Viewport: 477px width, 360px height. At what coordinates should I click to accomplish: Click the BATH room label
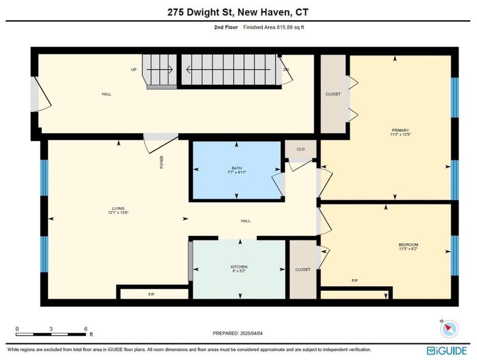click(x=237, y=168)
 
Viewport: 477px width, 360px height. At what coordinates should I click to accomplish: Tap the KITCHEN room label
click(x=239, y=267)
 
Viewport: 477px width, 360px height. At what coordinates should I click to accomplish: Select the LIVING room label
click(x=118, y=209)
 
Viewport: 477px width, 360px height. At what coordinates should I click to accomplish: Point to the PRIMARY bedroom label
click(x=400, y=130)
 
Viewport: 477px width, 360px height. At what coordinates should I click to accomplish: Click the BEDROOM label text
click(x=408, y=245)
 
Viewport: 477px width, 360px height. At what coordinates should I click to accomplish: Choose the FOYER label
click(x=162, y=162)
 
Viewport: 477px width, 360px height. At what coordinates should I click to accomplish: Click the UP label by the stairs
click(x=134, y=70)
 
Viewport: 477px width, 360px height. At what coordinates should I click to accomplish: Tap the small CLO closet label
click(x=301, y=149)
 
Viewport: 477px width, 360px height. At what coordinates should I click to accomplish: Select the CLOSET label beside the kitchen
click(x=303, y=269)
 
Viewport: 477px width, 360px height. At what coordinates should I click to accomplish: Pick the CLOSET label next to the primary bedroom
click(x=333, y=94)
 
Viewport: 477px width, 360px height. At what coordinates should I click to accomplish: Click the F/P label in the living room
click(x=151, y=294)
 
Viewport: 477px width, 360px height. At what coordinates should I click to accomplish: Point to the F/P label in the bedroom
click(x=355, y=281)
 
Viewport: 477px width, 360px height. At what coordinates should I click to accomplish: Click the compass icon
click(x=449, y=328)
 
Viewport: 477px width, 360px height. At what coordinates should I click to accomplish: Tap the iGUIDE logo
click(x=447, y=350)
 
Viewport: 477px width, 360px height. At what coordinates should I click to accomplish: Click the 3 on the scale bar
click(x=51, y=329)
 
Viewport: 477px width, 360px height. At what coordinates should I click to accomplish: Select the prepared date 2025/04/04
click(x=251, y=333)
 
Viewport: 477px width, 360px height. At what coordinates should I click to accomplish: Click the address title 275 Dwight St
click(x=201, y=12)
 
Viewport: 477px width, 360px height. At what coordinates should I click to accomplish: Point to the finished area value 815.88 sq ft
click(x=290, y=27)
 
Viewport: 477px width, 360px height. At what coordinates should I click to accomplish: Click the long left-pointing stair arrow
click(x=228, y=70)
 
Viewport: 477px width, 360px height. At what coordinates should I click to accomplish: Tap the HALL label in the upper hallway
click(x=107, y=94)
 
